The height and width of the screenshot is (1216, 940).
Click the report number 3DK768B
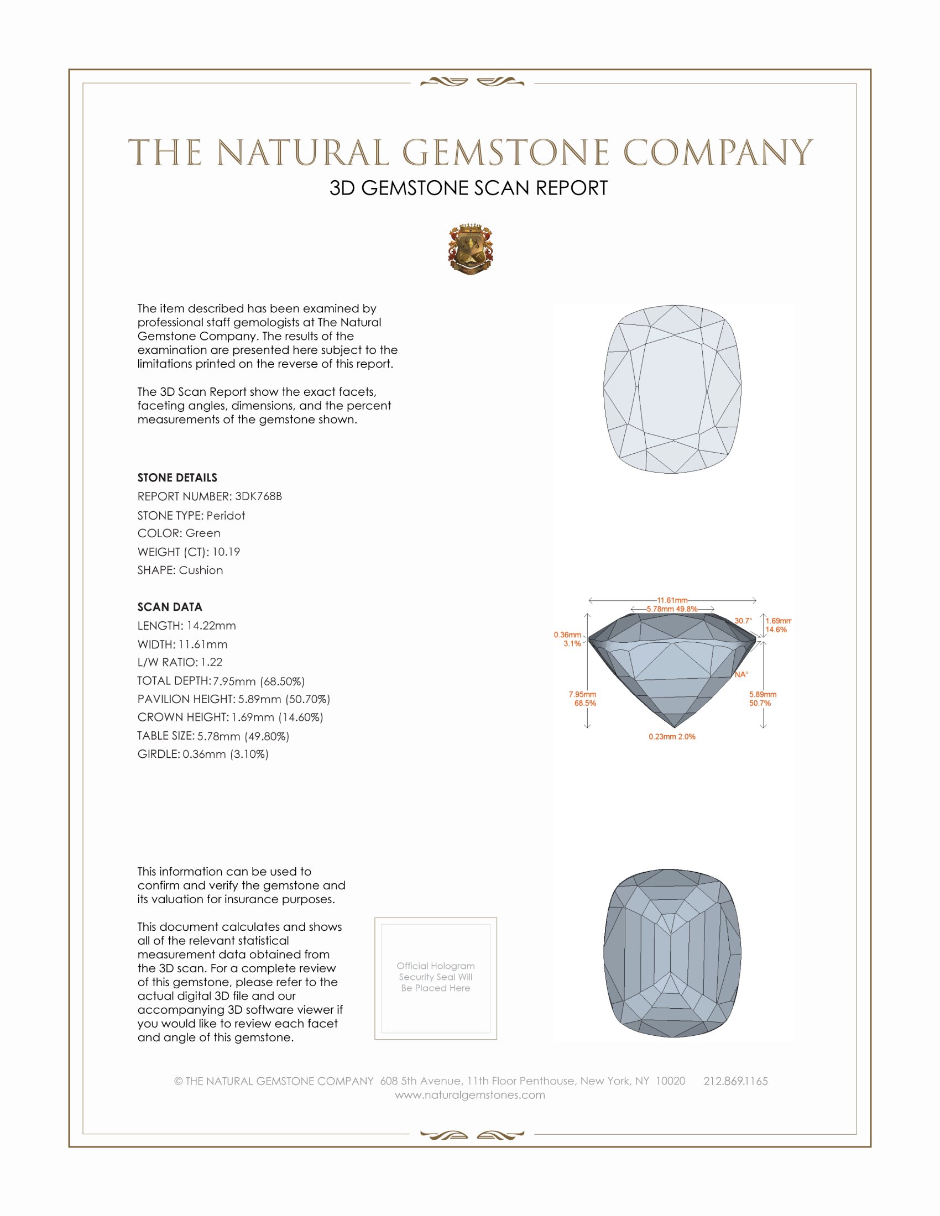point(258,496)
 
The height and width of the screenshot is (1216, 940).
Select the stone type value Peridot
point(226,516)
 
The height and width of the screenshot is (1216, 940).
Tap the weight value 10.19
point(226,552)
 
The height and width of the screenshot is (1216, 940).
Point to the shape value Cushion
point(201,570)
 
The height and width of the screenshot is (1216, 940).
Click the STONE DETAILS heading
point(177,478)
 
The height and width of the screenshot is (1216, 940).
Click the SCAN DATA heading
point(170,607)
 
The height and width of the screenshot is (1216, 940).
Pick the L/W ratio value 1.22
point(212,662)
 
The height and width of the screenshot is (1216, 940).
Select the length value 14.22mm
point(211,626)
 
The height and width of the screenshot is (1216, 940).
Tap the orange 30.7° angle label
point(743,621)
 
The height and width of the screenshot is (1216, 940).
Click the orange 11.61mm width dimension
point(672,600)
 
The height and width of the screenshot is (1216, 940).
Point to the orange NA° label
point(741,674)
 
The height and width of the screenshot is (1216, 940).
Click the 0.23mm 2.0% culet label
point(672,737)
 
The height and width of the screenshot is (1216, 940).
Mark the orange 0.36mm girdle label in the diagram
point(567,635)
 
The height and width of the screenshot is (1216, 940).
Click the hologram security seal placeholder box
point(436,979)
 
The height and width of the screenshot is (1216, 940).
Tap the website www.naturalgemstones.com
point(470,1095)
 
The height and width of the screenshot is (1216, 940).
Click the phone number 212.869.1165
point(735,1081)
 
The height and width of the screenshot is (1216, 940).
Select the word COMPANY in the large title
point(718,153)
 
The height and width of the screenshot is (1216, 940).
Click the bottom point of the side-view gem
point(675,727)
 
